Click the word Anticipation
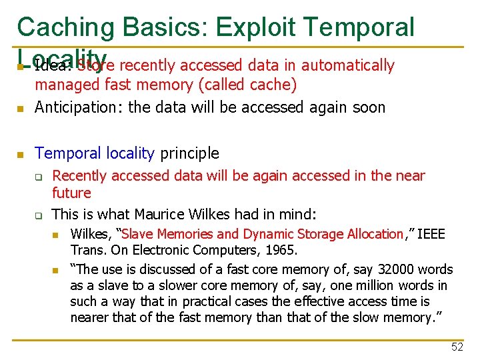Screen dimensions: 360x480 click(x=76, y=107)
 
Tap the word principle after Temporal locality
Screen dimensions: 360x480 click(x=190, y=153)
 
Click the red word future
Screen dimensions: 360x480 click(x=71, y=193)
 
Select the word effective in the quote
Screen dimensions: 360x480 click(x=348, y=301)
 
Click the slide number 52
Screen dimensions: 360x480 click(x=457, y=347)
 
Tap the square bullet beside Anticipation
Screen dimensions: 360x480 click(x=21, y=108)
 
